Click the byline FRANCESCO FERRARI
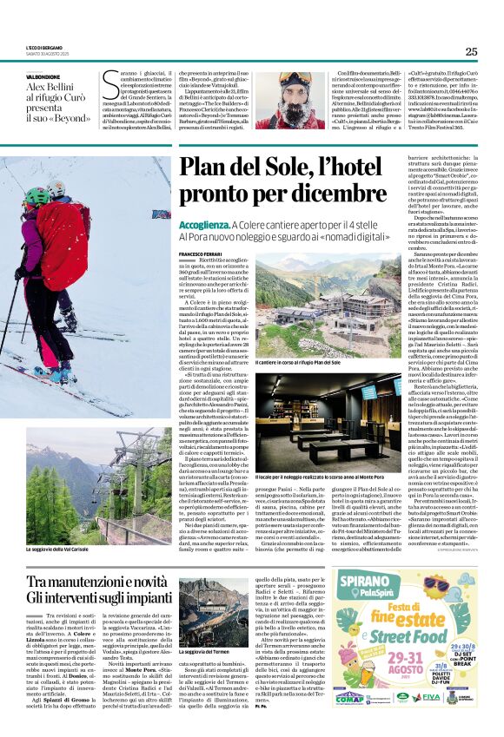click(x=199, y=253)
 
